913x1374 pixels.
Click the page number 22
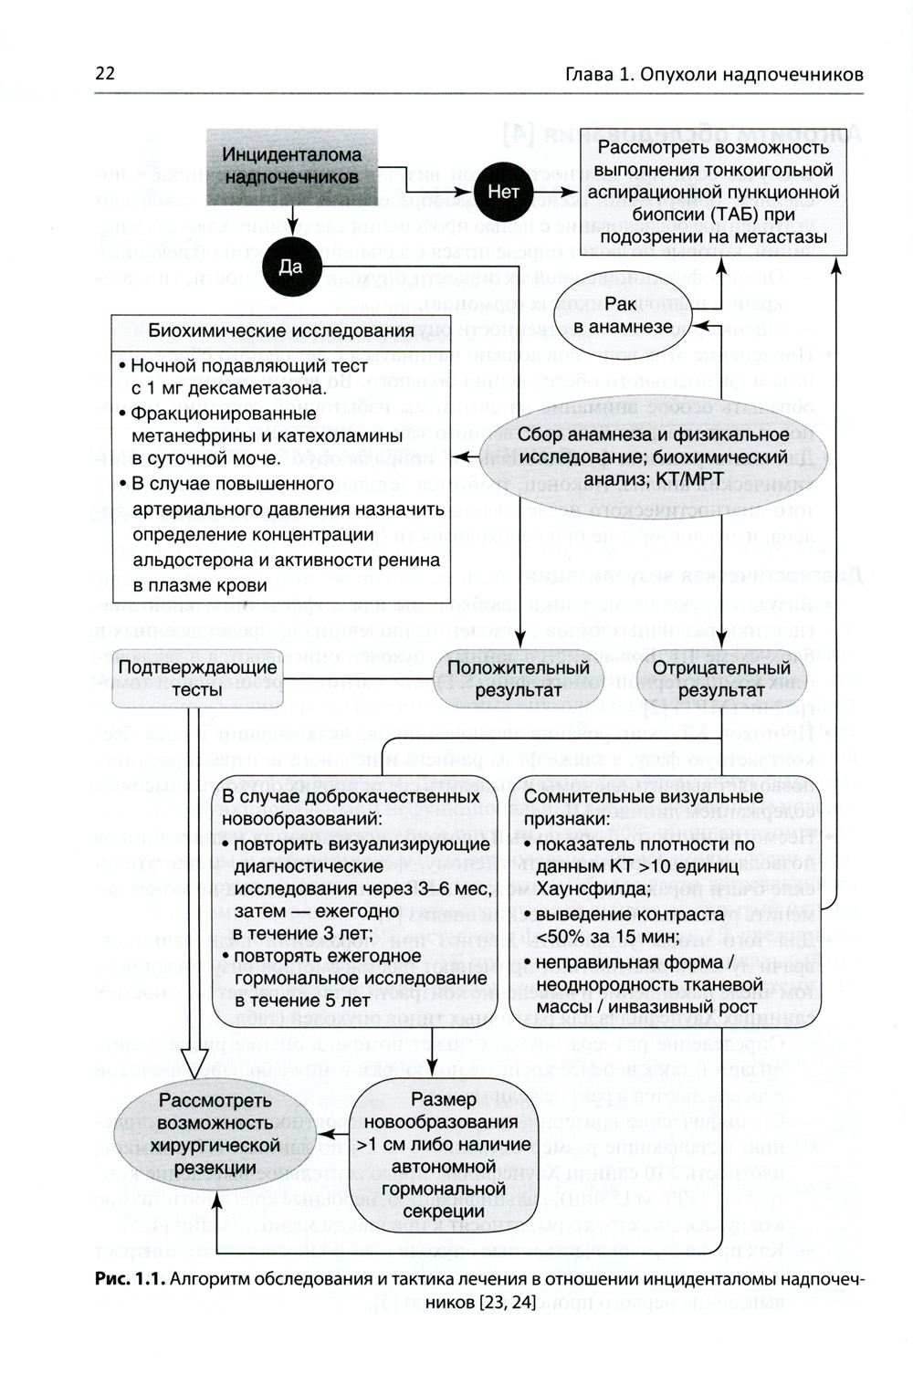(105, 74)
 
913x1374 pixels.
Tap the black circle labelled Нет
(503, 192)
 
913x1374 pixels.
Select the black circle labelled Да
(289, 267)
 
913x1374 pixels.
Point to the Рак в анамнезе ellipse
(623, 315)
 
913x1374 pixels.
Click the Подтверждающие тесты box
(197, 678)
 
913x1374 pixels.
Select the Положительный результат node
(518, 678)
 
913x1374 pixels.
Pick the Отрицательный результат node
(721, 678)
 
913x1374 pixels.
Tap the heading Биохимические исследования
(281, 330)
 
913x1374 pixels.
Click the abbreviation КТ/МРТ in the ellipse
(687, 478)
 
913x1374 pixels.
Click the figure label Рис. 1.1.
(129, 1278)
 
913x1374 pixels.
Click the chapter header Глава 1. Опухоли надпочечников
(714, 74)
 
